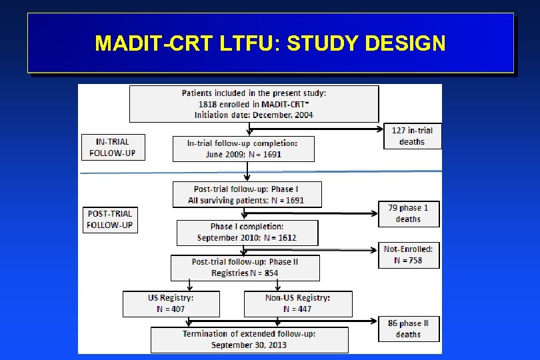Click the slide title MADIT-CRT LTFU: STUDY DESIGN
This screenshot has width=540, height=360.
pos(270,43)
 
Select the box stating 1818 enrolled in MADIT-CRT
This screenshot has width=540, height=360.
pos(254,104)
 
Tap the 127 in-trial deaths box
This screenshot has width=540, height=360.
pos(411,136)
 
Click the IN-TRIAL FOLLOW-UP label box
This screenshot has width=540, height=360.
pos(112,147)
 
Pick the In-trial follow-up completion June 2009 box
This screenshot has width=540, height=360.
pos(243,149)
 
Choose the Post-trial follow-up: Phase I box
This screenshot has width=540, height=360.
pos(246,195)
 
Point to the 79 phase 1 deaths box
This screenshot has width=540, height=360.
pos(408,213)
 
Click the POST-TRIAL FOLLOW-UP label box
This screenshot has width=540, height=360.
pos(109,219)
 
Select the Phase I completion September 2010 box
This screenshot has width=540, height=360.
pos(247,233)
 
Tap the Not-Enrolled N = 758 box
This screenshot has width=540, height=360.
pos(408,255)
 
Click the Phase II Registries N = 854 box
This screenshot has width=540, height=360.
pos(245,267)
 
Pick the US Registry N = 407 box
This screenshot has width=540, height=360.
pos(171,303)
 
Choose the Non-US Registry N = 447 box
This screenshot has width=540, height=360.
pos(297,303)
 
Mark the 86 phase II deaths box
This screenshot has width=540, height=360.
pos(408,329)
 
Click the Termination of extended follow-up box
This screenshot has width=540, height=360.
pos(249,339)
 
